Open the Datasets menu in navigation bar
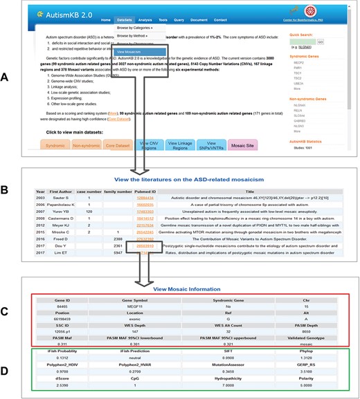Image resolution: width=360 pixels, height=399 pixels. pyautogui.click(x=125, y=21)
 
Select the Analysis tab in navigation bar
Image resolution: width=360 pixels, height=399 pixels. pyautogui.click(x=145, y=21)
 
